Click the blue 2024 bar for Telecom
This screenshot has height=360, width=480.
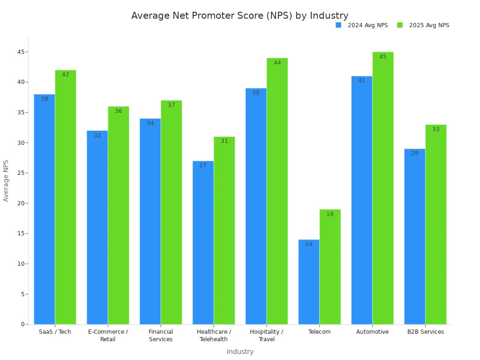tap(309, 282)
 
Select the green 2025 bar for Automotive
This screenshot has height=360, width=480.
tap(383, 188)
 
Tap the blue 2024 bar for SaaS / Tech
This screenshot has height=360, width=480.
tap(44, 209)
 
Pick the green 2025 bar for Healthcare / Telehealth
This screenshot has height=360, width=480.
tap(224, 230)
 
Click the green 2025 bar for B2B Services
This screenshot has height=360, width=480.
tap(436, 224)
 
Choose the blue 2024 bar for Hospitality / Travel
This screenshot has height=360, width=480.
tap(256, 206)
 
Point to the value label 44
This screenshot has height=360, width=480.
tap(277, 63)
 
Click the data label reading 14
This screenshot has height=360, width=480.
tap(309, 244)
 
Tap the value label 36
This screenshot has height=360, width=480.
tap(119, 111)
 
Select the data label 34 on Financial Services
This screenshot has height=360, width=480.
tap(150, 123)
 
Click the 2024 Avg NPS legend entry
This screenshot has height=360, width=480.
tap(362, 25)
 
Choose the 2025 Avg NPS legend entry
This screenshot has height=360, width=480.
tap(423, 25)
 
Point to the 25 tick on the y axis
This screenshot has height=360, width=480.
tap(21, 173)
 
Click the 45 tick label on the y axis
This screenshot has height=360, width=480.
tap(21, 52)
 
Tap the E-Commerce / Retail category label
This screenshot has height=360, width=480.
tap(108, 335)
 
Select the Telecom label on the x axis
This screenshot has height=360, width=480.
tap(320, 332)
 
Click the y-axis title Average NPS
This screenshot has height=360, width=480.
tap(6, 180)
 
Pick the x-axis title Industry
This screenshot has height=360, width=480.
tap(240, 352)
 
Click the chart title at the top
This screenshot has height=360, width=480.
tap(240, 15)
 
